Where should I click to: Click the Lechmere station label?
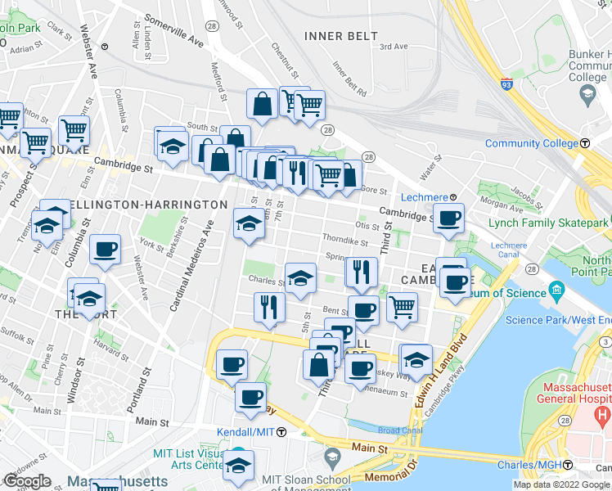pos(424,197)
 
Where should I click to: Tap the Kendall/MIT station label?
pos(245,431)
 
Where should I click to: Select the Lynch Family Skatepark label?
pos(548,223)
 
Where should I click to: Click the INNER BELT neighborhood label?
pos(340,36)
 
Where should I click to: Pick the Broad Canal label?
pos(399,430)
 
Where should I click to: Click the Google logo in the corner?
pos(27,481)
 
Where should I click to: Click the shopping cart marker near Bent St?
pos(401,308)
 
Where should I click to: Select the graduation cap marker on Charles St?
pos(300,277)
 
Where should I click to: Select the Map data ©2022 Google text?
pos(562,484)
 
